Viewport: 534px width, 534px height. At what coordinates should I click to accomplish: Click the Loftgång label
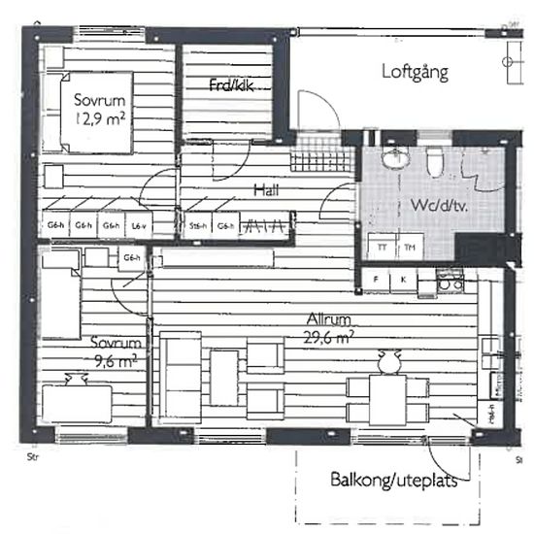415,72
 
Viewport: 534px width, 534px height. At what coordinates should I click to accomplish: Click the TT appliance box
381,248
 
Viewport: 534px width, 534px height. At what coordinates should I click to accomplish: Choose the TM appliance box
409,248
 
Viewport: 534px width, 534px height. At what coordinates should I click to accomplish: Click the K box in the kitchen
402,281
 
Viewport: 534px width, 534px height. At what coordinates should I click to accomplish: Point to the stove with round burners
449,281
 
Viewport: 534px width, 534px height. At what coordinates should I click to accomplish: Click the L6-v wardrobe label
139,226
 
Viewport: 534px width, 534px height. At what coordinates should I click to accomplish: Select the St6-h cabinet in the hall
198,226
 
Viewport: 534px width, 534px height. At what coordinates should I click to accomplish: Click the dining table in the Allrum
388,397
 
